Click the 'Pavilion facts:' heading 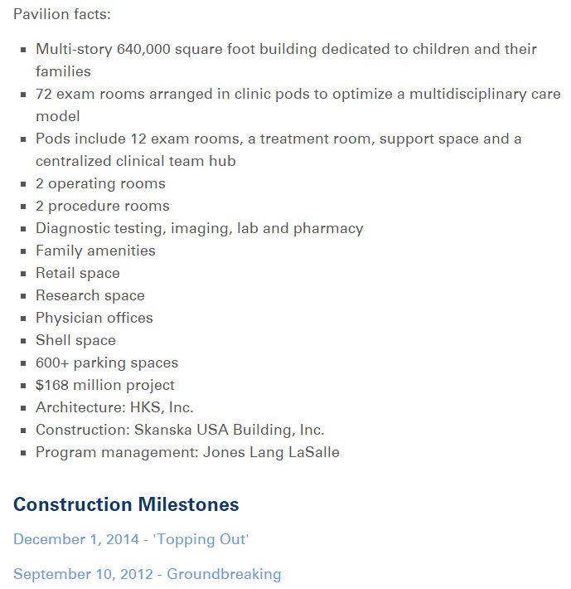point(62,15)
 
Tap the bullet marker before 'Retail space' point(24,274)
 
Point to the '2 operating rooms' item point(100,183)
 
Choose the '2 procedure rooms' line point(102,206)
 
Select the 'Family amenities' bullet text point(95,251)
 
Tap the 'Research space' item point(90,295)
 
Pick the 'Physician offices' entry point(94,318)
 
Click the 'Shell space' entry point(75,340)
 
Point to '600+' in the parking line point(52,363)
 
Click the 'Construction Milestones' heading point(126,504)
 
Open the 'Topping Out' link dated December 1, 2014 point(131,539)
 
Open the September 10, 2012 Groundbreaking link point(147,574)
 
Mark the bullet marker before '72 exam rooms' point(24,95)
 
